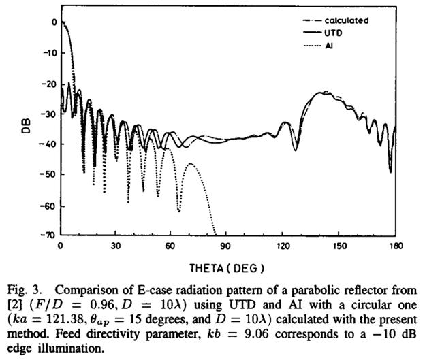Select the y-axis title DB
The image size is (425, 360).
(x=25, y=127)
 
